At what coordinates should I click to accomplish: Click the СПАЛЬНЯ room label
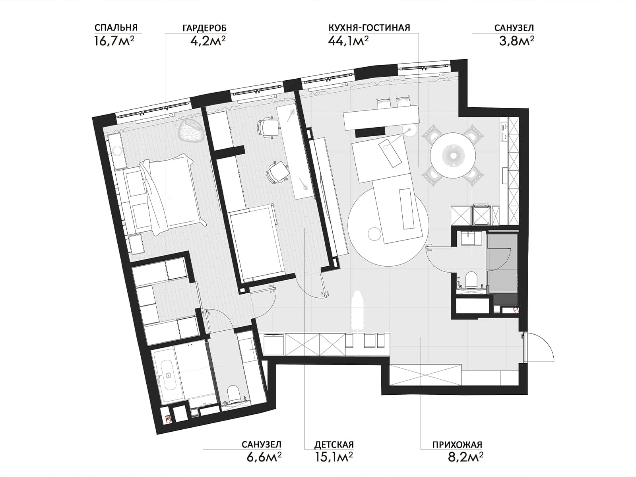click(116, 28)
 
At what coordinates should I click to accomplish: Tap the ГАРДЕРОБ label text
click(205, 28)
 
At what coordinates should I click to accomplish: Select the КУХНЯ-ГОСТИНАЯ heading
click(369, 28)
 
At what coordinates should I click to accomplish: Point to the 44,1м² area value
click(349, 41)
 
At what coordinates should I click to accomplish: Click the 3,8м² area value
click(517, 41)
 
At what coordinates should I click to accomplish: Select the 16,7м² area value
click(114, 41)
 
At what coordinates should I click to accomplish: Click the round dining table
click(453, 155)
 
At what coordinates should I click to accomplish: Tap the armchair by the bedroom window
click(191, 131)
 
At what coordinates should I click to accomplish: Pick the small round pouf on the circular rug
click(374, 234)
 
